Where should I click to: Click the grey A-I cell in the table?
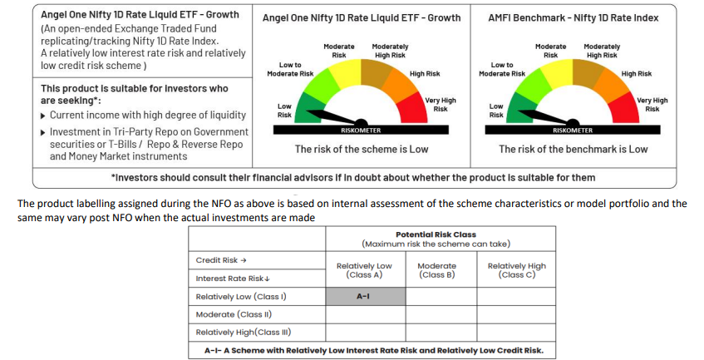pyautogui.click(x=363, y=296)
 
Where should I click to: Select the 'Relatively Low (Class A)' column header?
pyautogui.click(x=363, y=270)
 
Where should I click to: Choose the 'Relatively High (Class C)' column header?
pyautogui.click(x=516, y=270)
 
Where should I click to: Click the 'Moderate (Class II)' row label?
pyautogui.click(x=234, y=314)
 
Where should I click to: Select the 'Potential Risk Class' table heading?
pyautogui.click(x=436, y=234)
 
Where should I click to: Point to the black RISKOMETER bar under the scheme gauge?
pyautogui.click(x=361, y=130)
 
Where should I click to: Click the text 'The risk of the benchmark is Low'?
pyautogui.click(x=573, y=150)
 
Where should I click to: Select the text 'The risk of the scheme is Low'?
pyautogui.click(x=362, y=150)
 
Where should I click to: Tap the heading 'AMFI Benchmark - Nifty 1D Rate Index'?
pyautogui.click(x=574, y=17)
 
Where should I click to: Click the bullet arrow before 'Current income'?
pyautogui.click(x=43, y=115)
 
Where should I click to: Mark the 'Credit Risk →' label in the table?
pyautogui.click(x=220, y=259)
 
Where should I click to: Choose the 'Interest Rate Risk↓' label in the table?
pyautogui.click(x=229, y=278)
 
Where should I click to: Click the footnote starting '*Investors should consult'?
pyautogui.click(x=352, y=177)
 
